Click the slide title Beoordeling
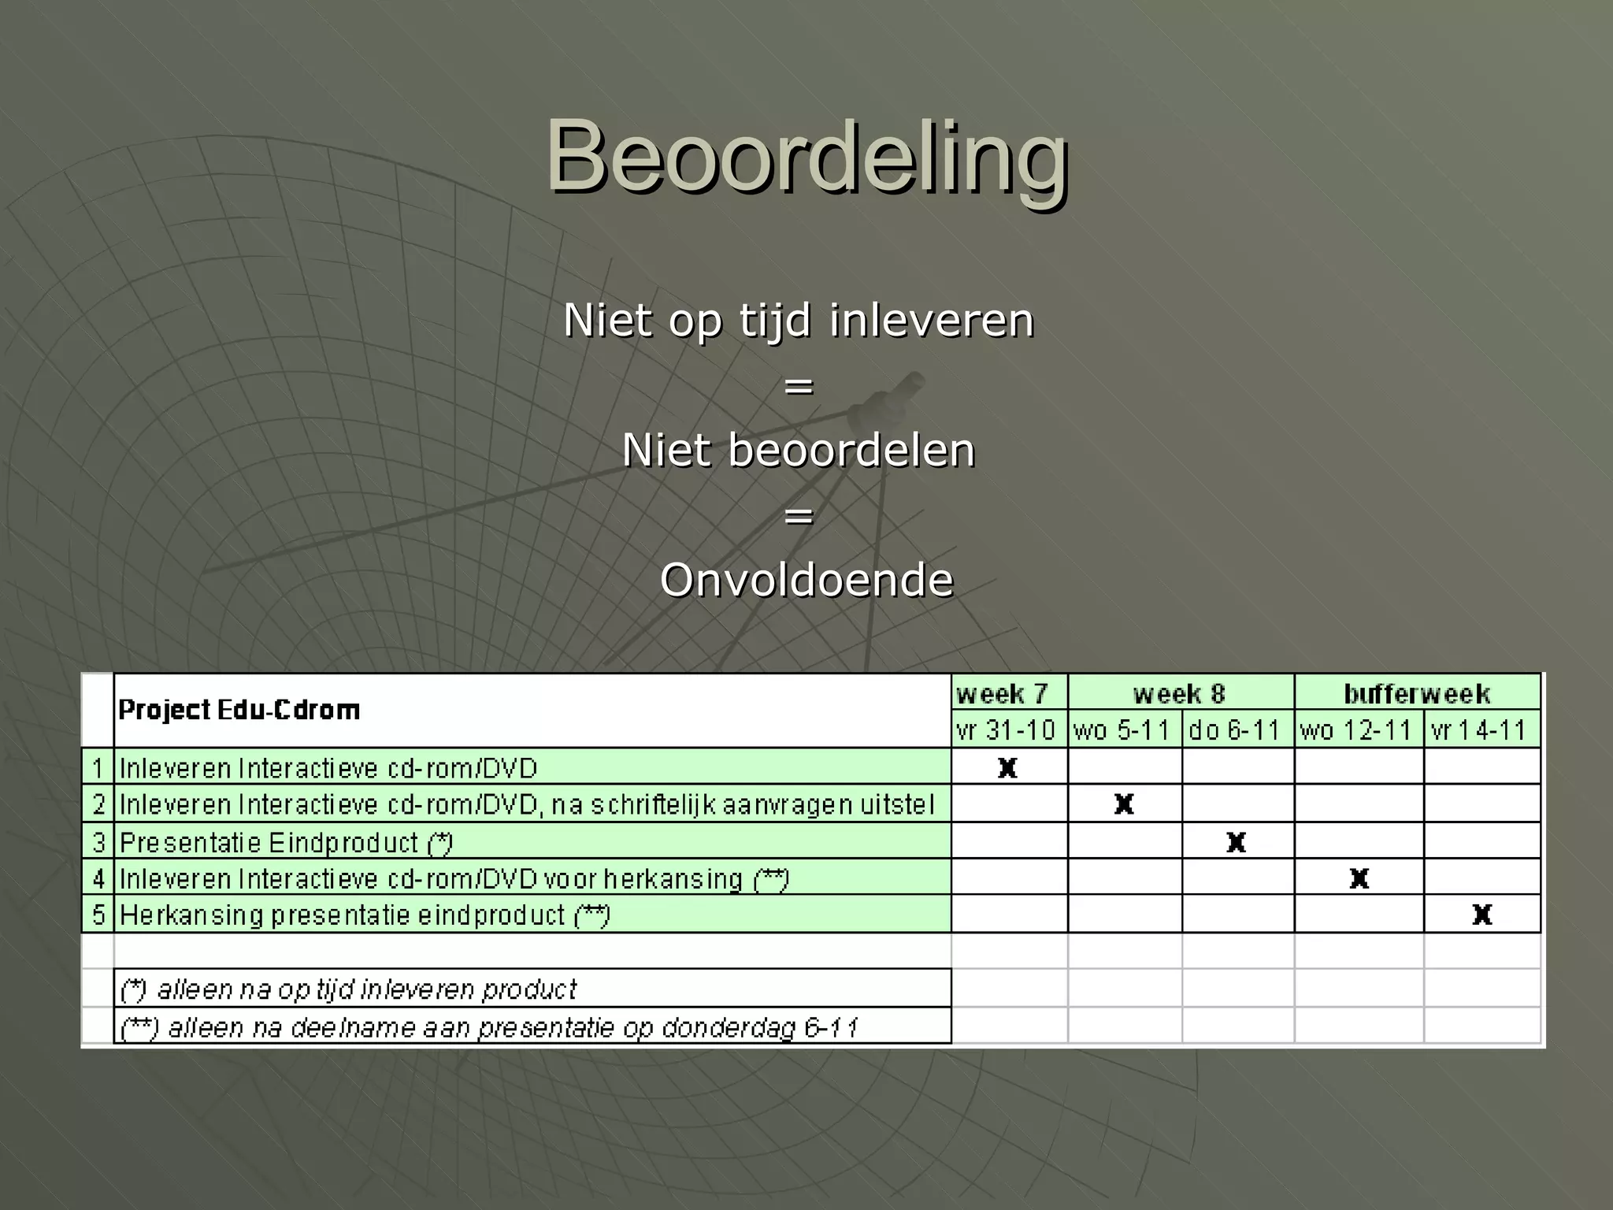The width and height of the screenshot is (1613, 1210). tap(807, 155)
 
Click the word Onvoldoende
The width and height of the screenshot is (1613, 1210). tap(806, 581)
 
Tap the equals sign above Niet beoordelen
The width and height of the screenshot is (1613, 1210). tap(799, 386)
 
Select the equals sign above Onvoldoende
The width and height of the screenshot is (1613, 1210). tap(799, 516)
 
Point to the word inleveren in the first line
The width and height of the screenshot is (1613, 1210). tap(931, 321)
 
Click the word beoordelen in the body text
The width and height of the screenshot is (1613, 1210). tap(851, 451)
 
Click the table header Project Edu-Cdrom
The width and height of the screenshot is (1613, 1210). tap(239, 710)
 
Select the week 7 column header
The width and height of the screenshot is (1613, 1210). tap(1002, 694)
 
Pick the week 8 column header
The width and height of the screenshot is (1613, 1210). tap(1179, 694)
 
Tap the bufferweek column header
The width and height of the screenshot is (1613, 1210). tap(1416, 694)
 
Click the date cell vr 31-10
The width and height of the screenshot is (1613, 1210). tap(1006, 730)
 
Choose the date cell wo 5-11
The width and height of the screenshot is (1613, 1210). tap(1122, 730)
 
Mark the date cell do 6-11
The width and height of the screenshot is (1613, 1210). tap(1234, 730)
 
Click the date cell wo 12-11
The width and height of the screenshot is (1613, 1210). tap(1355, 730)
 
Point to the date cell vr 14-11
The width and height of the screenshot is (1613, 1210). tap(1478, 730)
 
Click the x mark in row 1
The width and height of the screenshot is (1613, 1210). tap(1007, 767)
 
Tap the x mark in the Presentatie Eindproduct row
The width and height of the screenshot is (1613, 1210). tap(1236, 842)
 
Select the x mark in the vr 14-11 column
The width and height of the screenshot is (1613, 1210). tap(1481, 915)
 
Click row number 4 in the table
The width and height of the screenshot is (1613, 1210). tap(98, 878)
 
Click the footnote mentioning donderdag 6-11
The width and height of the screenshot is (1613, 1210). tap(488, 1027)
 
